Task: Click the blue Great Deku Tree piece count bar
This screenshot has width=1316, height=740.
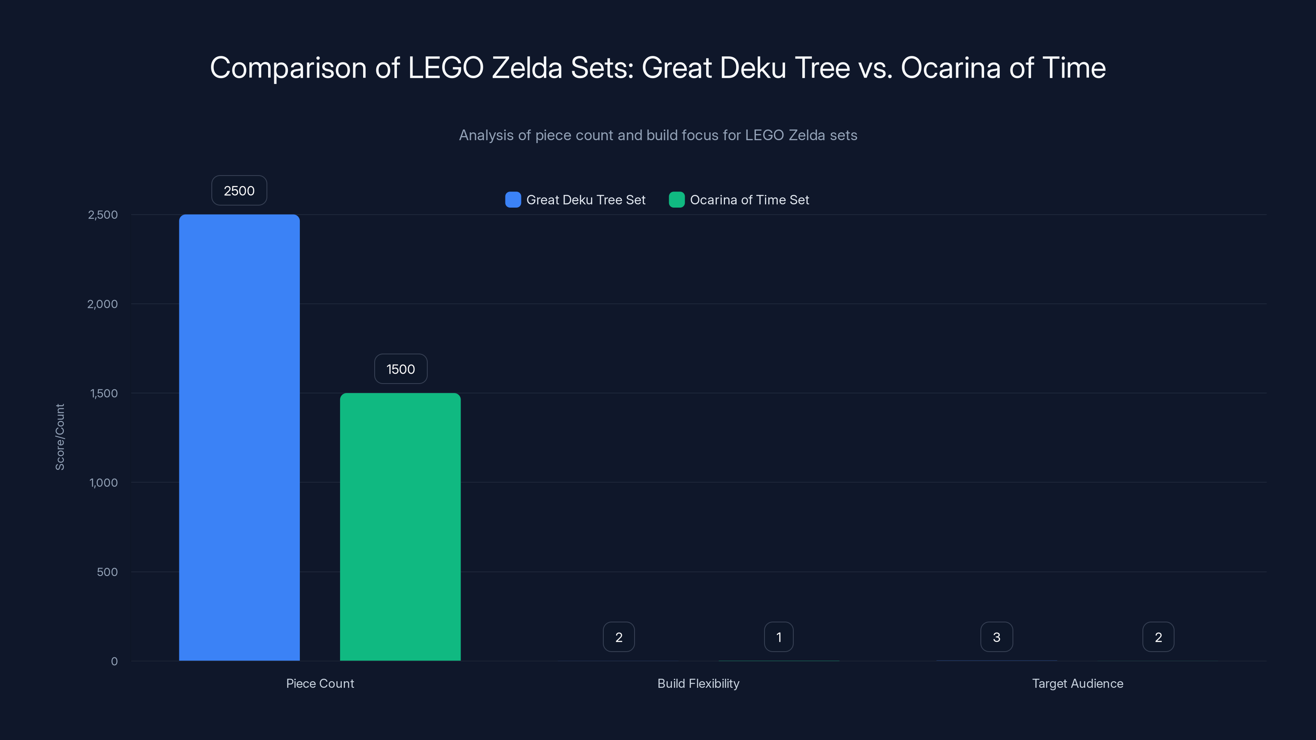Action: point(239,437)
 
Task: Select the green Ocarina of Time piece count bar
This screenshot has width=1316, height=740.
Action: point(400,527)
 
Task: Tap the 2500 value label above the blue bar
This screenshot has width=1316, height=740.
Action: point(239,190)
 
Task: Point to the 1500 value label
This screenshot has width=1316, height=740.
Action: point(401,369)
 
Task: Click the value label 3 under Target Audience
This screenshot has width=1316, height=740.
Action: point(996,637)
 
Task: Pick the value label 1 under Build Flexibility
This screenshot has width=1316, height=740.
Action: point(778,637)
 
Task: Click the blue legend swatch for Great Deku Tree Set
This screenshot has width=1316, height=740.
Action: point(513,200)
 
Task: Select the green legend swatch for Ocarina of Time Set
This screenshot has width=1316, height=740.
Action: point(677,200)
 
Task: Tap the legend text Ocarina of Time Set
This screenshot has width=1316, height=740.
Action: point(749,200)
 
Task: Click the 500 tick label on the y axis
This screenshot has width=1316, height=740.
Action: point(107,572)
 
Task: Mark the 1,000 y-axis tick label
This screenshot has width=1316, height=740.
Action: point(103,483)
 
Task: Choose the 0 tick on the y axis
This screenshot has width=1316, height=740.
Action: point(114,661)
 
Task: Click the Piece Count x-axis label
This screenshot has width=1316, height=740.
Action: point(320,683)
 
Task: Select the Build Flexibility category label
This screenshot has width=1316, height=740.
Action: point(698,683)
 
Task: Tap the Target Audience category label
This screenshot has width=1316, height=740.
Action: point(1077,683)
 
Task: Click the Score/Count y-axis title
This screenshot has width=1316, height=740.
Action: point(60,437)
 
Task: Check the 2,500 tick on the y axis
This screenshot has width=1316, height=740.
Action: point(103,215)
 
